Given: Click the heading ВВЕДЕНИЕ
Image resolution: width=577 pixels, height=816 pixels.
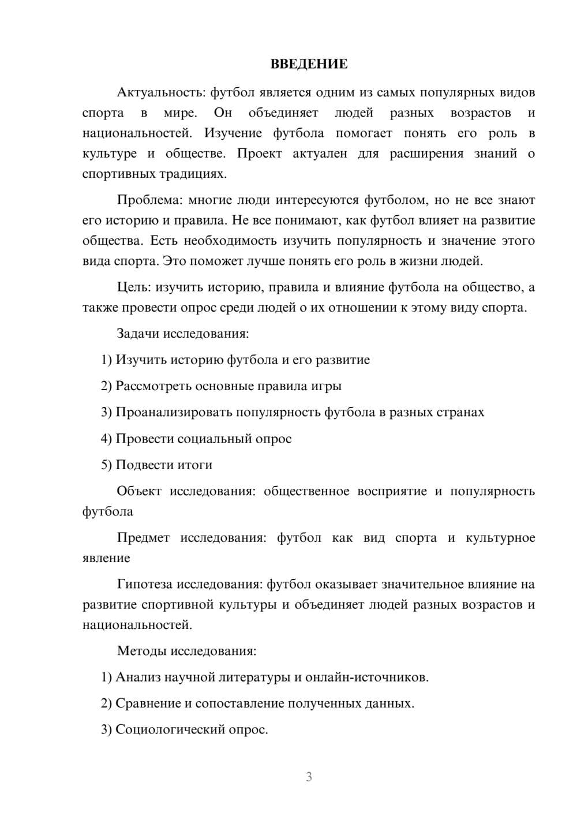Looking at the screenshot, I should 309,64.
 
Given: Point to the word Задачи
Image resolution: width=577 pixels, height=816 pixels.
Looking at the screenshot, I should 138,334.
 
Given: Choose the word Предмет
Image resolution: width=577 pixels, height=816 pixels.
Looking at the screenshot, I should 143,538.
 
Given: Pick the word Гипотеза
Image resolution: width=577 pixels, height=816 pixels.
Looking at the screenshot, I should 144,585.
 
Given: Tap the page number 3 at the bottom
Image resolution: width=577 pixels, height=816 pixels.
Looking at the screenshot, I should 309,777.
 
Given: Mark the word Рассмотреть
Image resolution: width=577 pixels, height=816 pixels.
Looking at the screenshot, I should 153,386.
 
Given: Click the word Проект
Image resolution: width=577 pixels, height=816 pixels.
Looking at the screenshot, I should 259,154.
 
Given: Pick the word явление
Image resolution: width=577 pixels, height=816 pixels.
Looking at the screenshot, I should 106,558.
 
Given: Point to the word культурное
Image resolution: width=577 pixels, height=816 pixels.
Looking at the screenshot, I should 500,538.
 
